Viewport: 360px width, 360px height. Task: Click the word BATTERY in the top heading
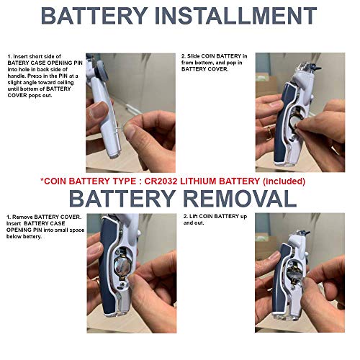[x=94, y=16]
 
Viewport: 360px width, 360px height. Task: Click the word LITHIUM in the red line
[x=198, y=181]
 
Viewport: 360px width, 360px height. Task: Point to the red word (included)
[x=284, y=181]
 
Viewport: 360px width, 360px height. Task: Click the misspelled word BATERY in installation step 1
[x=19, y=63]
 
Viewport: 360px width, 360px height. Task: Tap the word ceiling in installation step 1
[x=66, y=83]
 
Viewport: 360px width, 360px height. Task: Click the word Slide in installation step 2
[x=193, y=56]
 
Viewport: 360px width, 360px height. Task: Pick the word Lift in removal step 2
[x=194, y=217]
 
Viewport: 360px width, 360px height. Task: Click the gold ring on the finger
[x=270, y=133]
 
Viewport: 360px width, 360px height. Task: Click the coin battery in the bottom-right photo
[x=294, y=275]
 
